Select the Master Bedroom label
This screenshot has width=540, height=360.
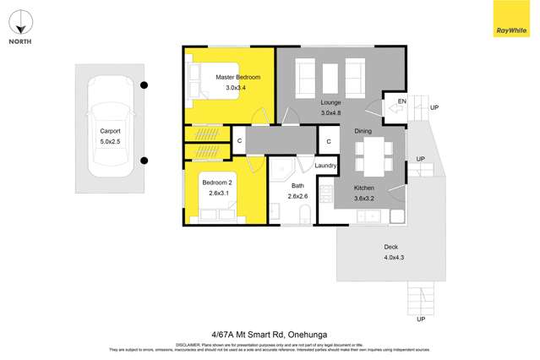[x=237, y=82]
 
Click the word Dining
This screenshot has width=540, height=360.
[x=363, y=131]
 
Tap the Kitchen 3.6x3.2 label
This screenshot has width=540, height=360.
[x=363, y=191]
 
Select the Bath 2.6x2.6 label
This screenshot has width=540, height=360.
[x=297, y=191]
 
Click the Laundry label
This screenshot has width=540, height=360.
[x=326, y=166]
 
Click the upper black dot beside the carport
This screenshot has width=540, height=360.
[x=145, y=85]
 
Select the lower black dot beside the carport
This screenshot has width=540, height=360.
[x=145, y=161]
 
